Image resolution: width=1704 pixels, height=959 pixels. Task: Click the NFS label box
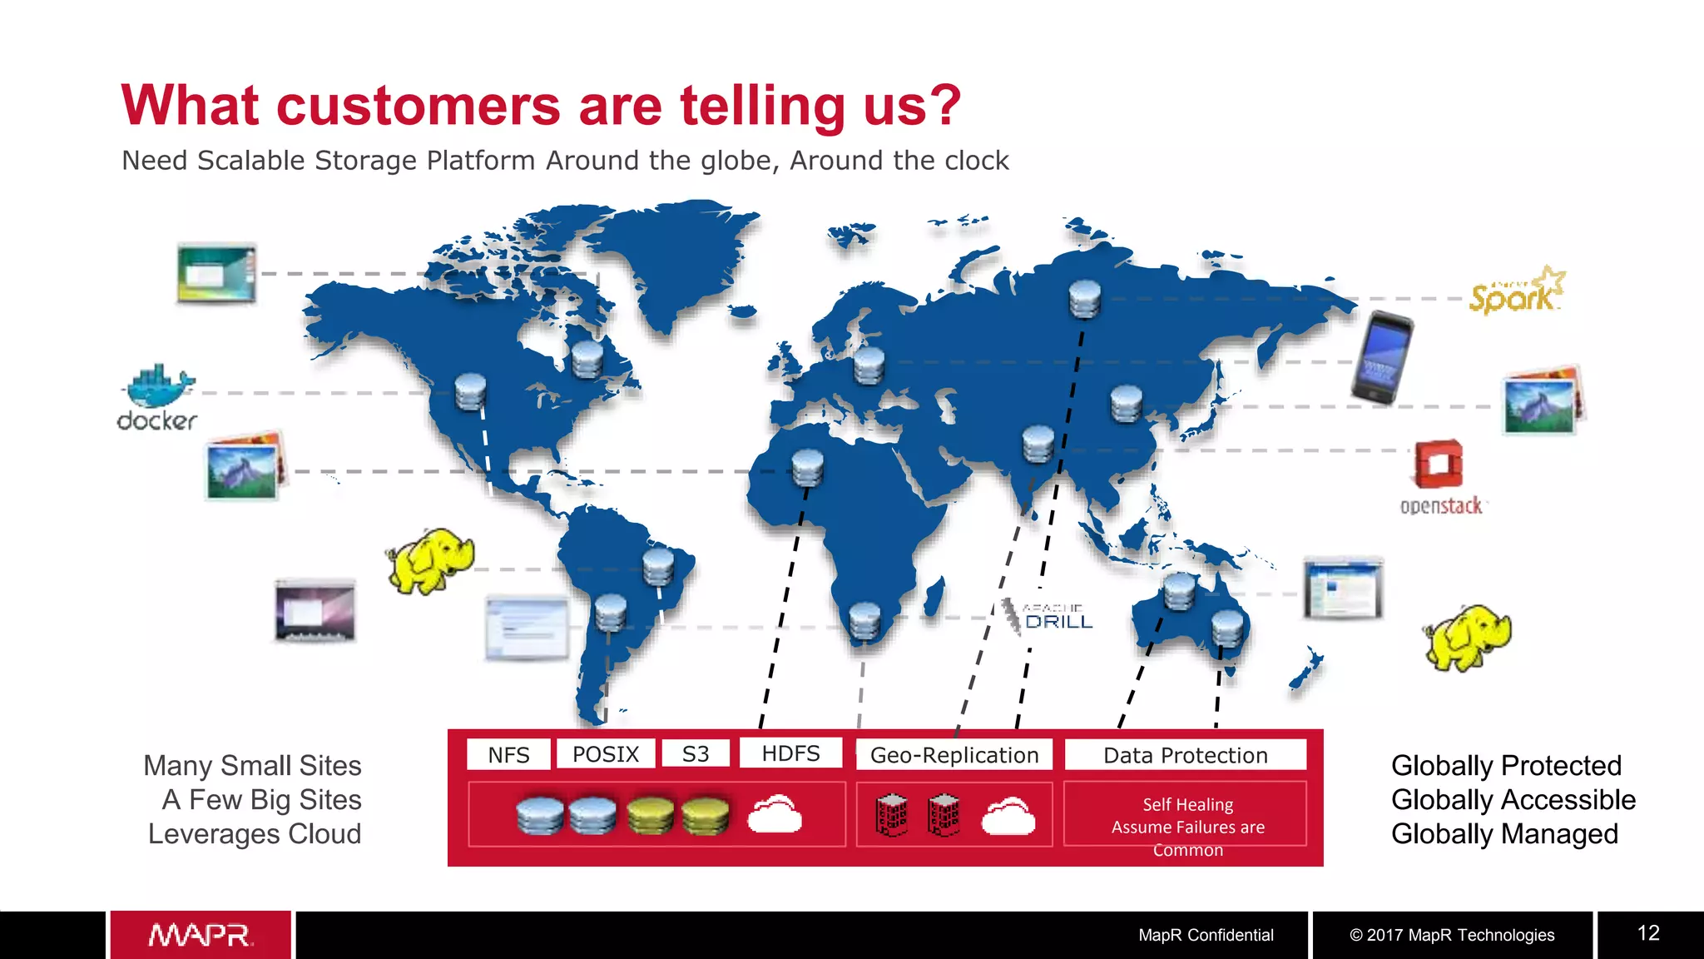point(508,754)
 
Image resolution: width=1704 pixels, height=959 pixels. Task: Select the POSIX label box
point(606,754)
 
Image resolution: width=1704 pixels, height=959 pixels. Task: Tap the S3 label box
point(696,754)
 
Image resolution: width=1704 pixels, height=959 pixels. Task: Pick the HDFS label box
point(790,753)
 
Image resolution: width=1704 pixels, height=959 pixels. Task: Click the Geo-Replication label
point(954,755)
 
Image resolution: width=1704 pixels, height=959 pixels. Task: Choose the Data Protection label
point(1185,755)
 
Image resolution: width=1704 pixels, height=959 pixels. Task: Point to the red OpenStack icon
point(1439,465)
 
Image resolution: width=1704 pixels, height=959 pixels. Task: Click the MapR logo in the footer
point(201,935)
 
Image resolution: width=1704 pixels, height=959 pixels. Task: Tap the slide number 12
point(1648,933)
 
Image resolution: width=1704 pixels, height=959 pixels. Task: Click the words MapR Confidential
point(1206,935)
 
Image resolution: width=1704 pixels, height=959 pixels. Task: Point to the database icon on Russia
point(1084,299)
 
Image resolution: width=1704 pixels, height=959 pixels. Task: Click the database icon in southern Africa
point(864,621)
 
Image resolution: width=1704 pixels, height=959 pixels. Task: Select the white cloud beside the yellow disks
point(775,814)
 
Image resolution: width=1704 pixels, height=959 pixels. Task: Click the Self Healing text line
point(1187,804)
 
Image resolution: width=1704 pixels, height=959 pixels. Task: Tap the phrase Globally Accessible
point(1513,799)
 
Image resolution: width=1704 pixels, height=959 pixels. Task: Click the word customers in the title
point(419,107)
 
